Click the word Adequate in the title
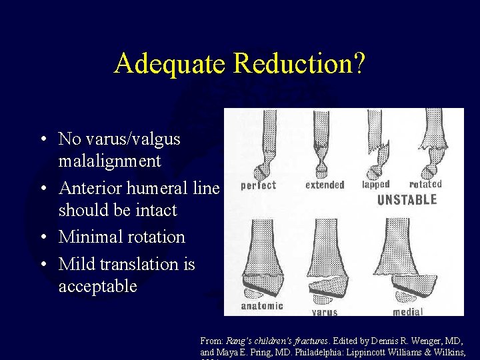pos(171,64)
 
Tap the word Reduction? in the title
pos(300,64)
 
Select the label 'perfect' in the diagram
pos(257,185)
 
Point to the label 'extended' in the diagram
pos(325,185)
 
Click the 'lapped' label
pos(376,184)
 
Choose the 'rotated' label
pos(425,184)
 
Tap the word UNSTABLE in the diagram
pos(407,199)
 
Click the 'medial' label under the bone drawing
pos(408,311)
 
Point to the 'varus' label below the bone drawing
pos(325,311)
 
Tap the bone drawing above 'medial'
pos(413,260)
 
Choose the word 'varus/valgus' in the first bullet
pos(119,139)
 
